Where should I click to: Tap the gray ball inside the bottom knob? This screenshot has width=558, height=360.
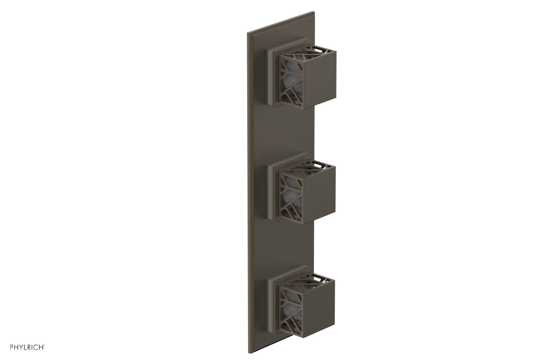tap(289, 307)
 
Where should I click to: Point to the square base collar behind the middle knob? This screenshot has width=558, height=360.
tap(270, 190)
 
